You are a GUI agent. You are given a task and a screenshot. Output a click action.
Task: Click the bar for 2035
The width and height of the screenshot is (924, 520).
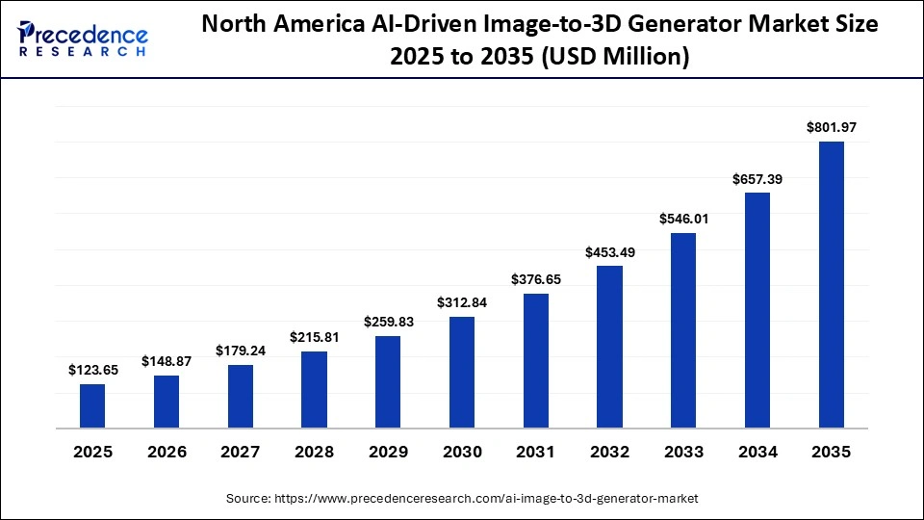click(831, 285)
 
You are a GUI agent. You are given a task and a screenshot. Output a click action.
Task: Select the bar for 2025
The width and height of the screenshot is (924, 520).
click(92, 405)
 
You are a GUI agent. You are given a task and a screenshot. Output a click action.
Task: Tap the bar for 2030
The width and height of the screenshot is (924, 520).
click(462, 372)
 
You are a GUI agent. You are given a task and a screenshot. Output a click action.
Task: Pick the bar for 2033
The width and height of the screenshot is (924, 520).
click(683, 330)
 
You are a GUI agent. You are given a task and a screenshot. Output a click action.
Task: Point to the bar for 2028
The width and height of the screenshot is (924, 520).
click(314, 389)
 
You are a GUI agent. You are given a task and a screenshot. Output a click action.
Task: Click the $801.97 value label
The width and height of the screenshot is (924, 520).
click(831, 127)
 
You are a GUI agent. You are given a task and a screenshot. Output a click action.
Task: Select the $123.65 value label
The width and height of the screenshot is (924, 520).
click(92, 370)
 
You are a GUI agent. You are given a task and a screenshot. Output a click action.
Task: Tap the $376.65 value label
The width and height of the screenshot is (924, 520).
click(536, 279)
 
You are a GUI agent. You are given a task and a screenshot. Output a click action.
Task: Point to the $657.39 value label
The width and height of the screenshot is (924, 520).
click(757, 178)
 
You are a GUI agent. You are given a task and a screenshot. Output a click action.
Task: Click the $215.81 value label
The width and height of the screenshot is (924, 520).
click(314, 337)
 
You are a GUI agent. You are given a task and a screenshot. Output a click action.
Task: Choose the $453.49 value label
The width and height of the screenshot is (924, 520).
click(609, 251)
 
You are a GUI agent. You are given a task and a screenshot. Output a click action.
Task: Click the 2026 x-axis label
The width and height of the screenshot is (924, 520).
click(167, 452)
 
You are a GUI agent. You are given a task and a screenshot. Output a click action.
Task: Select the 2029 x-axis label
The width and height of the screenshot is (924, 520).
click(388, 452)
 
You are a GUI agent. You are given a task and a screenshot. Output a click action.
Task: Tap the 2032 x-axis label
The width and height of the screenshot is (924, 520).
click(609, 452)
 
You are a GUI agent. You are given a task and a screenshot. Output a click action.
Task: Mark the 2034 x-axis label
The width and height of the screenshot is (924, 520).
click(757, 452)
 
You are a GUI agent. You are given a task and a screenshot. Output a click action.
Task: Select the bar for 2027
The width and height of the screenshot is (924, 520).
click(241, 396)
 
